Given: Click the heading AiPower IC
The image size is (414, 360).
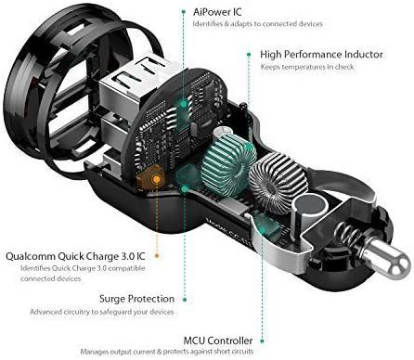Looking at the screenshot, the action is tap(217, 12).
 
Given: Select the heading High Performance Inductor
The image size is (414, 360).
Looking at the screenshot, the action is tap(321, 55).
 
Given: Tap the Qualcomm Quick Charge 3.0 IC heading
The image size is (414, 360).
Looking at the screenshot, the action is tap(75, 256).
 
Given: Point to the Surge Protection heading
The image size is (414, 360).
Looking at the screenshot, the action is tap(136, 299).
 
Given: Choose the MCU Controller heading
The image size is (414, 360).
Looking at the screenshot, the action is tap(218, 341).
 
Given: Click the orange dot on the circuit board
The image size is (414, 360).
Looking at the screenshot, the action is tap(157, 179).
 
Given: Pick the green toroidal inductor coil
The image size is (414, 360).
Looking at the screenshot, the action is tap(229, 163).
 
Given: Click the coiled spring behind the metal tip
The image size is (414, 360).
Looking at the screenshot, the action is tap(348, 238).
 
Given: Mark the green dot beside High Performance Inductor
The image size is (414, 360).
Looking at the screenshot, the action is tap(249, 55).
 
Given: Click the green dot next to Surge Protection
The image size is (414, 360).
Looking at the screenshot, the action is tap(185, 300).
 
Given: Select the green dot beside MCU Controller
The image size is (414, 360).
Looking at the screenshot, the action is tap(262, 341).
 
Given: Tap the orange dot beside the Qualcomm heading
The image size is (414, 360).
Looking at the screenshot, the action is tap(157, 256).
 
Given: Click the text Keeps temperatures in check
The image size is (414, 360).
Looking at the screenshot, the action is tap(307, 67).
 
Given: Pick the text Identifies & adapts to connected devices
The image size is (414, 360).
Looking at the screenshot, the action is tap(258, 24).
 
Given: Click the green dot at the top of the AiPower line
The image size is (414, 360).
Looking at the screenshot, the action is tap(184, 12).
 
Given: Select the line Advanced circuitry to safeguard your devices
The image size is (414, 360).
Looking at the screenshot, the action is tap(102, 312).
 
